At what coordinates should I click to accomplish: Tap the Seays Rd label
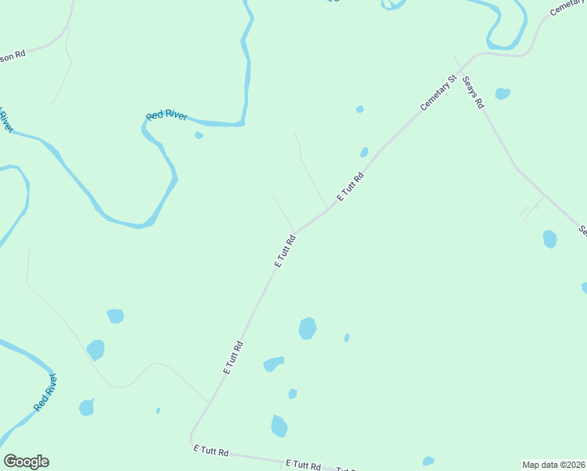(x=473, y=92)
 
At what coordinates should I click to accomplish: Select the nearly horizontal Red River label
(x=167, y=115)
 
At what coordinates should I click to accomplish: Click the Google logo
(x=26, y=462)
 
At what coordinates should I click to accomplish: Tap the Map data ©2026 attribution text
(x=553, y=465)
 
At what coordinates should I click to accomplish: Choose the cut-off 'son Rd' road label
(x=13, y=56)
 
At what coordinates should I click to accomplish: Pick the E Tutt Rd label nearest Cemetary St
(x=351, y=186)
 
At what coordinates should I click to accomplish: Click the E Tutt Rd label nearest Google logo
(x=211, y=451)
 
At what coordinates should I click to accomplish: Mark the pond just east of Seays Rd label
(x=502, y=94)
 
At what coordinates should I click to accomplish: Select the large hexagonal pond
(x=308, y=328)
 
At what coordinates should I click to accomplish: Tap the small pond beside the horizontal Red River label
(x=199, y=135)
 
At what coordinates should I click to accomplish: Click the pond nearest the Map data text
(x=428, y=461)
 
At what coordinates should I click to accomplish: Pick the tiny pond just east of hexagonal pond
(x=346, y=338)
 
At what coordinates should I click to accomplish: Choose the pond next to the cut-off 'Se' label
(x=549, y=239)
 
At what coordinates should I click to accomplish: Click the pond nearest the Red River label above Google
(x=86, y=407)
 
